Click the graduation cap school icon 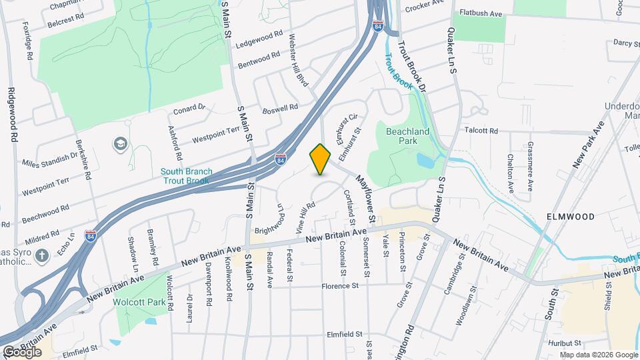[x=120, y=144]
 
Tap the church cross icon [x=42, y=255]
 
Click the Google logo [x=22, y=351]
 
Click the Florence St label [x=341, y=285]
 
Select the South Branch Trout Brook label [x=187, y=176]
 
